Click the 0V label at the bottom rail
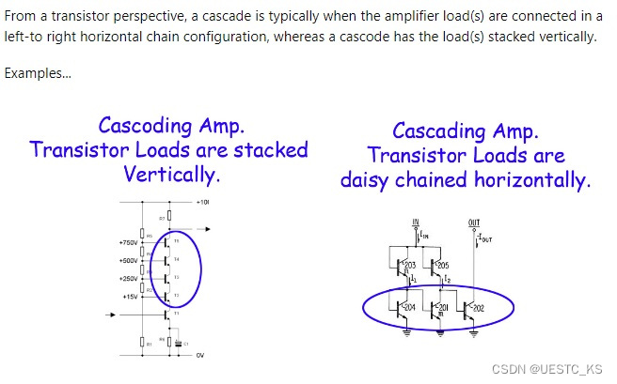click(x=199, y=355)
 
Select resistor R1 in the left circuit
click(x=145, y=344)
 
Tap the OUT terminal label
click(x=473, y=223)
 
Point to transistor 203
click(x=405, y=267)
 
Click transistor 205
click(x=439, y=267)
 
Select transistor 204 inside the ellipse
click(x=405, y=307)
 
